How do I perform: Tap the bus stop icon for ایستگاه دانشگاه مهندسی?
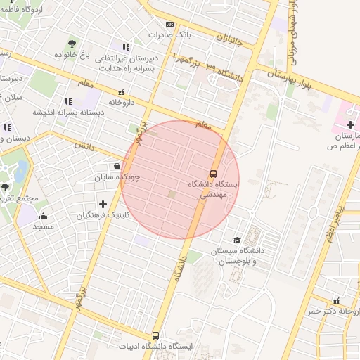(214, 173)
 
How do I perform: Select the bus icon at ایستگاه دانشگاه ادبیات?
(155, 336)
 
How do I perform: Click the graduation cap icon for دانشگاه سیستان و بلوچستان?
(236, 240)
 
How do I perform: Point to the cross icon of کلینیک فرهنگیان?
(103, 204)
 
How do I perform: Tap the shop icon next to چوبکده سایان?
(116, 167)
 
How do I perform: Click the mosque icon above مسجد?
(43, 216)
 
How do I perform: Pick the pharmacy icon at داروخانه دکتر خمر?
(336, 300)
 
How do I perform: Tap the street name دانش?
(84, 145)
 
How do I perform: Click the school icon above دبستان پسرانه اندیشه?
(68, 101)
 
